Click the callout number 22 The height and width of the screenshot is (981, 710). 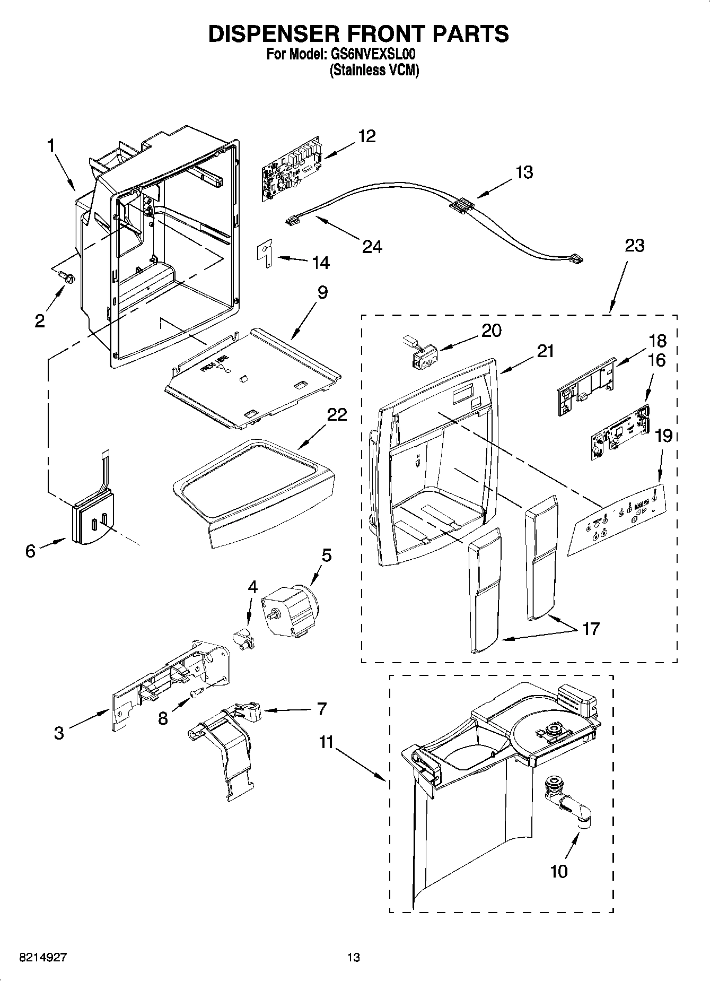pyautogui.click(x=337, y=414)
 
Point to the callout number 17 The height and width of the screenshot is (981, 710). pyautogui.click(x=590, y=628)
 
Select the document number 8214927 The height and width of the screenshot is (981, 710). pyautogui.click(x=43, y=957)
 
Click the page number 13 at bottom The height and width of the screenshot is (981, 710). pyautogui.click(x=353, y=957)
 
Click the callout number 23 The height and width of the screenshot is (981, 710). pyautogui.click(x=635, y=246)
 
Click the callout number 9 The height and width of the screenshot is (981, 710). pyautogui.click(x=322, y=292)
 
